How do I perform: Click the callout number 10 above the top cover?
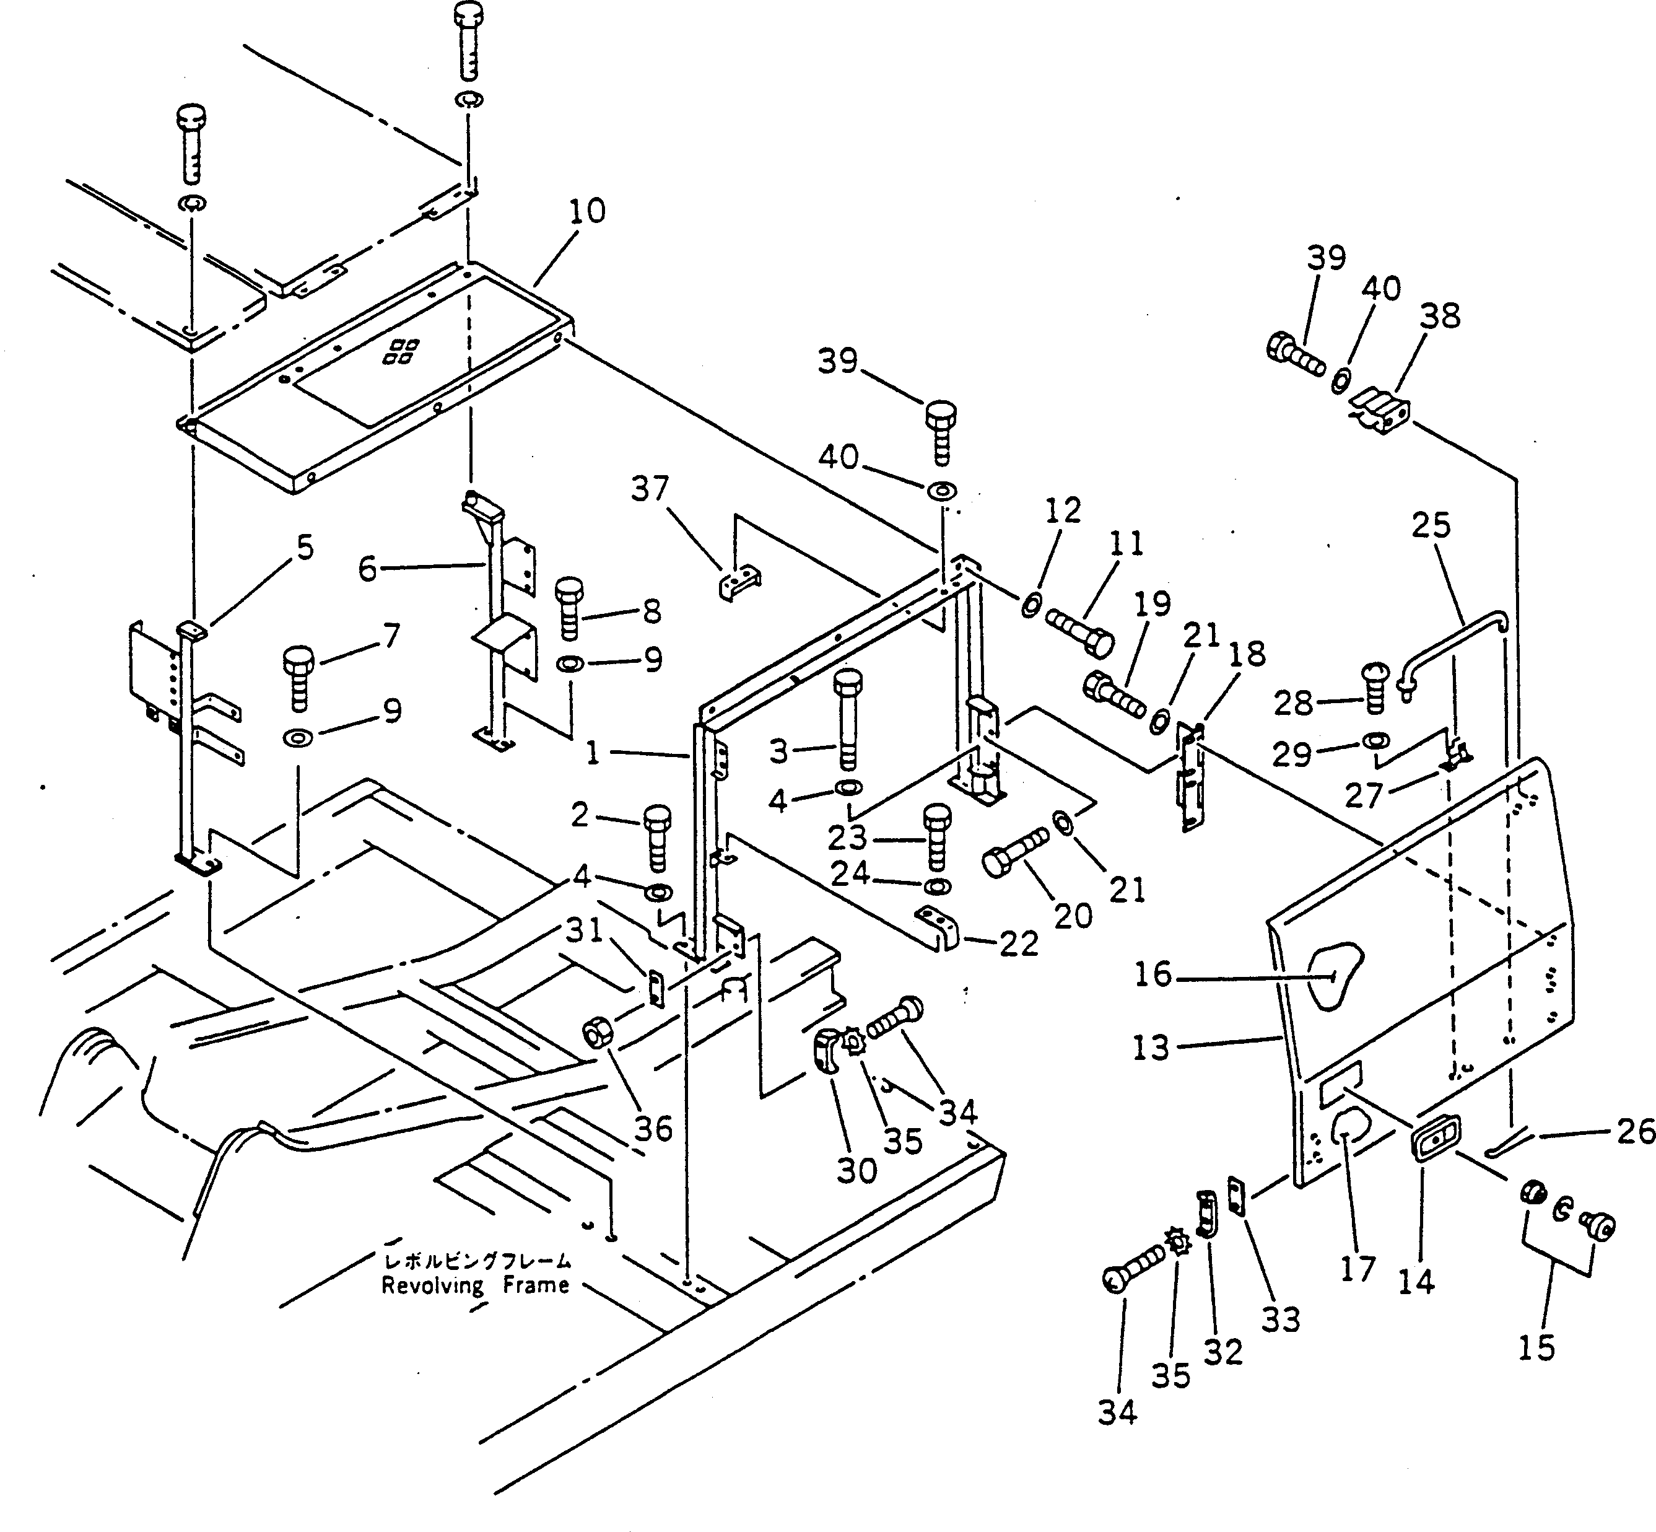click(x=587, y=212)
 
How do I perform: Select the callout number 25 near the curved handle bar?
click(x=1431, y=525)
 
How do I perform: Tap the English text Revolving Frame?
click(x=475, y=1286)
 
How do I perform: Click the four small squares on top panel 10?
click(x=400, y=351)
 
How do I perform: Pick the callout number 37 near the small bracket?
click(x=649, y=490)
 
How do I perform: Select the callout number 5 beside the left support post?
click(x=305, y=549)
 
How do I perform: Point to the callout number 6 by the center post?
click(x=367, y=569)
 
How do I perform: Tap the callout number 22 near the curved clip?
click(x=1018, y=943)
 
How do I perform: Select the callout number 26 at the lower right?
click(x=1634, y=1132)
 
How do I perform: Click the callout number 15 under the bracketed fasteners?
click(x=1536, y=1349)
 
